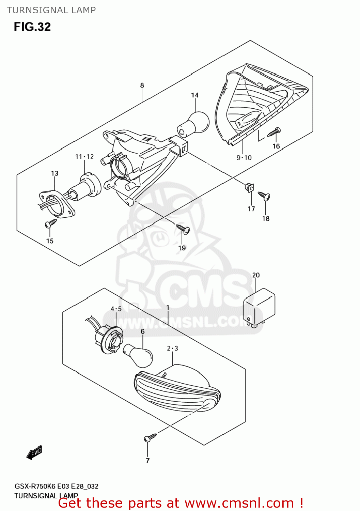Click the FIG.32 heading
[x=32, y=27]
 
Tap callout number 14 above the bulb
[x=194, y=95]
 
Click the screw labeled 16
[x=274, y=132]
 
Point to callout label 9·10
[x=244, y=158]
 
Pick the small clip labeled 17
[x=249, y=187]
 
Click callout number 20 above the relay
[x=256, y=275]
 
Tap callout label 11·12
[x=84, y=157]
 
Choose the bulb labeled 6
[x=139, y=355]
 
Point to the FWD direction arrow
[x=34, y=452]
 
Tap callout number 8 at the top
[x=142, y=86]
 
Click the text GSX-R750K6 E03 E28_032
[x=57, y=486]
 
